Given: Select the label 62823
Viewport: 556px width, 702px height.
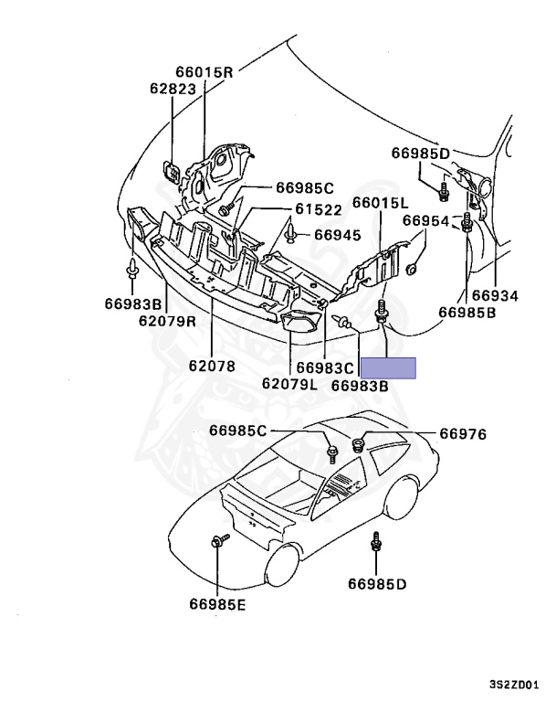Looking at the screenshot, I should (x=173, y=89).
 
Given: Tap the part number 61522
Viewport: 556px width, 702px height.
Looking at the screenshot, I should (x=318, y=209).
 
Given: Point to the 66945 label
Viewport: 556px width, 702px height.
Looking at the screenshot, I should (x=338, y=235).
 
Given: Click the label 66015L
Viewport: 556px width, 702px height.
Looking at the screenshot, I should (x=381, y=203).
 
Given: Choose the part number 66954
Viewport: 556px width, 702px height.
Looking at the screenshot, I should (x=426, y=221).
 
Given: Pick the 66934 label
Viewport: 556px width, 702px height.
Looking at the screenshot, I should (x=494, y=296).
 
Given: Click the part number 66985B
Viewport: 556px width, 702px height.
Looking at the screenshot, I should (x=467, y=312).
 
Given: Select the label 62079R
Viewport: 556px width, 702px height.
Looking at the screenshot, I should (x=168, y=321).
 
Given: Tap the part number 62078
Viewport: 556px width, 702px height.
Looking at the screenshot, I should (x=212, y=366).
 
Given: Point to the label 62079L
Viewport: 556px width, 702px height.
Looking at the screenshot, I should (x=289, y=385).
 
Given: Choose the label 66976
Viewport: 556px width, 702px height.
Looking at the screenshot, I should (x=464, y=434).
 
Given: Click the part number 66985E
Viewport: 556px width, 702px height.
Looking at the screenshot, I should (x=217, y=603).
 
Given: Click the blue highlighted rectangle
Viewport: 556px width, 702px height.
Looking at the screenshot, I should (x=388, y=367).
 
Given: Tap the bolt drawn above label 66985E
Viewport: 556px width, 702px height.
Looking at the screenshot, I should (x=220, y=542).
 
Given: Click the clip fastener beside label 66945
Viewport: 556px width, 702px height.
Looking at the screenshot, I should (x=289, y=237).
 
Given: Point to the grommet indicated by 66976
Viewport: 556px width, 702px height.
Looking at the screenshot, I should (x=358, y=445).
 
